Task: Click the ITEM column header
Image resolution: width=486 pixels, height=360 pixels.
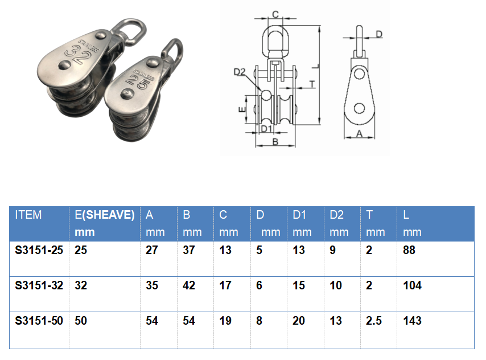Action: tap(28, 215)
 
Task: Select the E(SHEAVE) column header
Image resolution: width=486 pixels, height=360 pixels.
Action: tap(105, 215)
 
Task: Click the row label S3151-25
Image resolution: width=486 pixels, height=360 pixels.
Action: tap(39, 250)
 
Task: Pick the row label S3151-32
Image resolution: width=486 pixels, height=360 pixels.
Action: tap(39, 285)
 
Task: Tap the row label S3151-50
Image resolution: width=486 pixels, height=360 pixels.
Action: tap(39, 321)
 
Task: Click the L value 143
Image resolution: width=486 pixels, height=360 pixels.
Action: tap(412, 321)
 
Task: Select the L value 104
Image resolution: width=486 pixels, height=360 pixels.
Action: tap(412, 285)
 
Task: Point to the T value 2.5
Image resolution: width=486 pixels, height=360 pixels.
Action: tap(374, 321)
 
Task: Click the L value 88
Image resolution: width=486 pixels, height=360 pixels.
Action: tap(409, 250)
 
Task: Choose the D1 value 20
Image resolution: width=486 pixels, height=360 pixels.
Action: tap(299, 321)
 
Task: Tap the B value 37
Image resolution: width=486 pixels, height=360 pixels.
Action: tap(189, 250)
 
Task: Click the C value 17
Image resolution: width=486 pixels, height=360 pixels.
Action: tap(225, 285)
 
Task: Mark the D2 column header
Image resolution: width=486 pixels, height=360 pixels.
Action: tap(336, 215)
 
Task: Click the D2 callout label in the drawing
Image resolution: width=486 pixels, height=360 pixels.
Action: tap(240, 72)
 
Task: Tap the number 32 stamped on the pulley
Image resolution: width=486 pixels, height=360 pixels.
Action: tap(80, 56)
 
